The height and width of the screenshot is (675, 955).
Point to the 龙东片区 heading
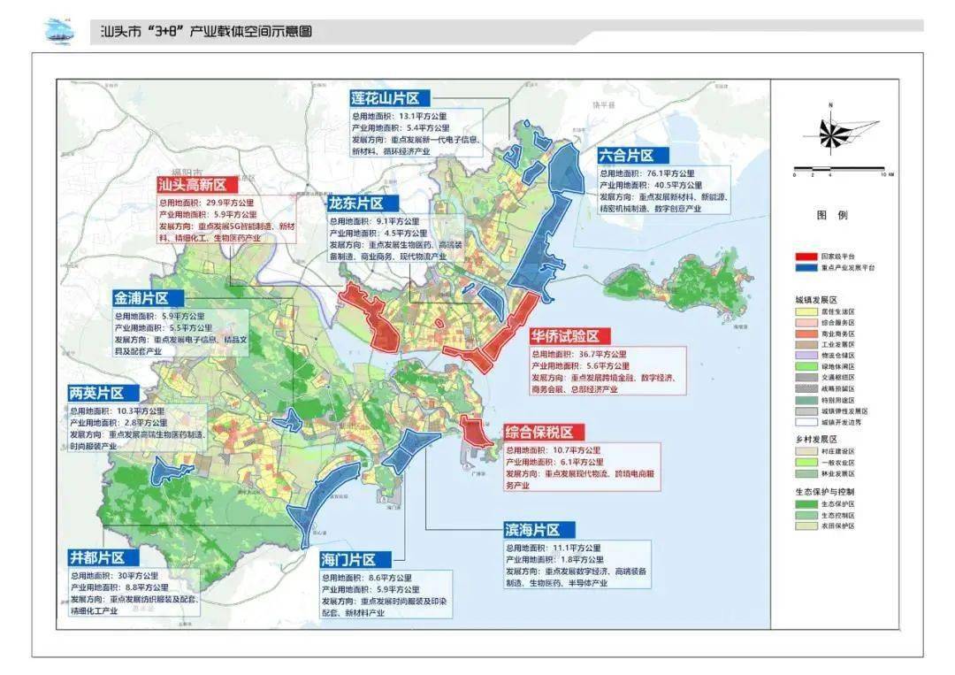(363, 203)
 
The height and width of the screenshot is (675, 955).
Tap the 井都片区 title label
(103, 557)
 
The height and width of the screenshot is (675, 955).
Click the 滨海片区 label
(534, 530)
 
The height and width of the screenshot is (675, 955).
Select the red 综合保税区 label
(539, 433)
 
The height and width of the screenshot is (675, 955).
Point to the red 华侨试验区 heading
(566, 336)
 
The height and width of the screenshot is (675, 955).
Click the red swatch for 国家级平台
(805, 256)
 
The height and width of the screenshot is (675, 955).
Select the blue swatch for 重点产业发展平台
(805, 266)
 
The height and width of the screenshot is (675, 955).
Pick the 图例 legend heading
(832, 215)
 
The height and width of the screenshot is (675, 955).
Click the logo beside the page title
(60, 32)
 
